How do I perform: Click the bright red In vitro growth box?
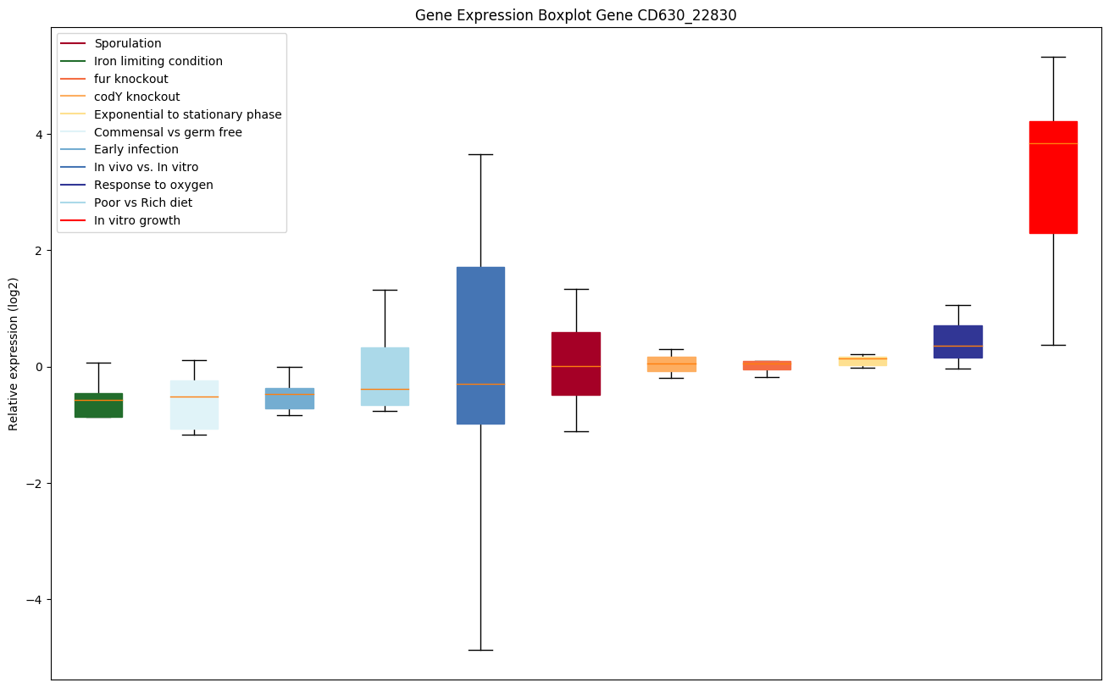[1053, 177]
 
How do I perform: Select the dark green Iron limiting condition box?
[98, 405]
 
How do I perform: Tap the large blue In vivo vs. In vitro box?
[480, 345]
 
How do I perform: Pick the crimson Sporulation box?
[576, 363]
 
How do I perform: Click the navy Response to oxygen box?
[957, 341]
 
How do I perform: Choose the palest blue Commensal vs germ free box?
[194, 405]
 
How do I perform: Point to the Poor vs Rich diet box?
[385, 376]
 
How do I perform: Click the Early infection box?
[290, 398]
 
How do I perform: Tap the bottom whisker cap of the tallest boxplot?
[480, 650]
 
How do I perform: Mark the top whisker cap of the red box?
[1053, 57]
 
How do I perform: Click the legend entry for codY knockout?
[136, 97]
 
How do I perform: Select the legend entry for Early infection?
[136, 150]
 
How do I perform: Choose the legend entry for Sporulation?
[128, 43]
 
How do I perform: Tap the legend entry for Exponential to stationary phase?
[187, 114]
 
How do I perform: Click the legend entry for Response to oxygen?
[153, 185]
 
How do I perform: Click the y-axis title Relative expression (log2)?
[14, 353]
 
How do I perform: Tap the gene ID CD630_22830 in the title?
[670, 15]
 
